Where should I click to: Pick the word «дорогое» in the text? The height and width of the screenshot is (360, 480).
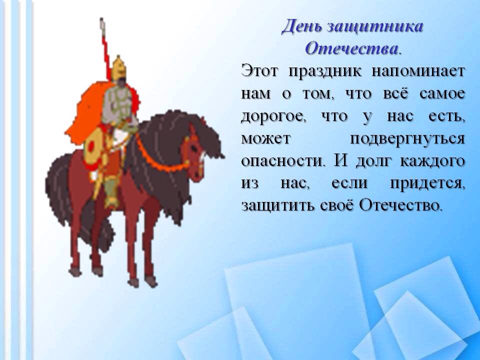273,117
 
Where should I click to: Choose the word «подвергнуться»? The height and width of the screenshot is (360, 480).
407,139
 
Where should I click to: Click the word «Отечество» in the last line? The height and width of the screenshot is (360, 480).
400,205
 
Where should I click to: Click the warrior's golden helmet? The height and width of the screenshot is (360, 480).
118,68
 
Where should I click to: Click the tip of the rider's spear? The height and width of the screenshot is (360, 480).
101,19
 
